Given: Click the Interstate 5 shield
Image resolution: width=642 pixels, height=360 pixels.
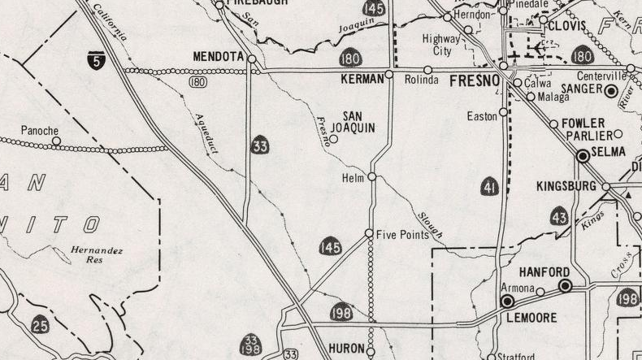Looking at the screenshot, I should (96, 59).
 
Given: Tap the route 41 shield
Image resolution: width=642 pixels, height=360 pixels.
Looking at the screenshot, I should (489, 187).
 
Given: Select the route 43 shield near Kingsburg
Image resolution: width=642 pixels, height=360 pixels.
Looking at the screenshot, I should (559, 216).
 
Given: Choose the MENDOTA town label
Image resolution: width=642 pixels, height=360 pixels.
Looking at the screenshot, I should (217, 58).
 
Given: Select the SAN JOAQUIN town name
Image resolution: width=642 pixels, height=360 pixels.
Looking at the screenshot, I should (358, 122).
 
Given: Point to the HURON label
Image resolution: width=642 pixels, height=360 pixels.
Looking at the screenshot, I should (346, 349).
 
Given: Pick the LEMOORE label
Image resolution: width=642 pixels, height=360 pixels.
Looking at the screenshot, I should (532, 317).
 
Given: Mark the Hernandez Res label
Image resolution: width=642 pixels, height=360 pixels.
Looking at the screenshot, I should (96, 255).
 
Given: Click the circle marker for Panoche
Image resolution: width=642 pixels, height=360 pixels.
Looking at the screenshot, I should (56, 141).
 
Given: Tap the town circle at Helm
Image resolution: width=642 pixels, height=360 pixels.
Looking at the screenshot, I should (371, 176).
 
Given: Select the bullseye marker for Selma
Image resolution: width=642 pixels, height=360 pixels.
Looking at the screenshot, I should (583, 154).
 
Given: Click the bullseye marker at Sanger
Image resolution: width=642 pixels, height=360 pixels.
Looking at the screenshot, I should (610, 91).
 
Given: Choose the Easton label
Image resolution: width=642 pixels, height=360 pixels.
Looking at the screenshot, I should (482, 116).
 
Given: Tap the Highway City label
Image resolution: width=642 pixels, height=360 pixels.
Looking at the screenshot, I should (441, 45).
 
